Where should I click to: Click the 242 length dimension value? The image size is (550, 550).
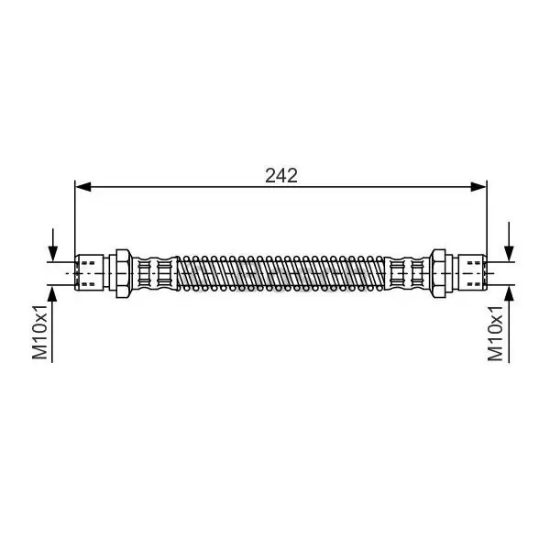point(281,175)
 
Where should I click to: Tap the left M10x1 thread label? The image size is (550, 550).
point(39,332)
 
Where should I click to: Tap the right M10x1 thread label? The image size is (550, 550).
point(495,334)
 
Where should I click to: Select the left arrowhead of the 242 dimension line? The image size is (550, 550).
point(83,187)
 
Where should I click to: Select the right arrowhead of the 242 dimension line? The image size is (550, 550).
point(478,187)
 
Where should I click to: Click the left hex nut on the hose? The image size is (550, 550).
point(124,273)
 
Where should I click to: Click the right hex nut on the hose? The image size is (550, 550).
point(438,273)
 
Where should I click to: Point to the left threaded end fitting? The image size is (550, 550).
point(90,273)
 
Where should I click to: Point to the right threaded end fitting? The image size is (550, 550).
point(472,273)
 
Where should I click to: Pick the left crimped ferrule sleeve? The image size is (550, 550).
point(154,273)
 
